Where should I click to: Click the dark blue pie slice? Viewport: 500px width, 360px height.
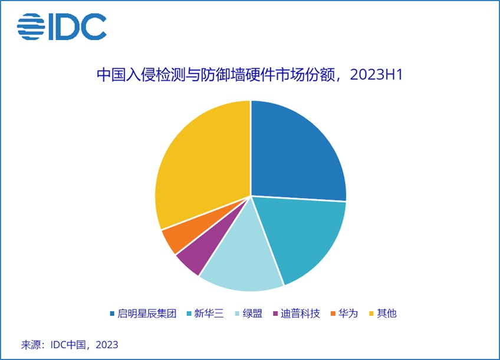click(x=295, y=153)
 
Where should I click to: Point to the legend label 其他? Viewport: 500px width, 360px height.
click(x=387, y=313)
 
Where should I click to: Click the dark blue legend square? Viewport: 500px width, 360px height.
click(x=112, y=313)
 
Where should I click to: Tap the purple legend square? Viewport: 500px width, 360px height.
click(x=276, y=313)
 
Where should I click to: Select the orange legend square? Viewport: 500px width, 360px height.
click(x=334, y=313)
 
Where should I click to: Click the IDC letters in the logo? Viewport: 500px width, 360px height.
click(x=80, y=26)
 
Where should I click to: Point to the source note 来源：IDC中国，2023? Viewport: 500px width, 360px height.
click(x=70, y=345)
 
